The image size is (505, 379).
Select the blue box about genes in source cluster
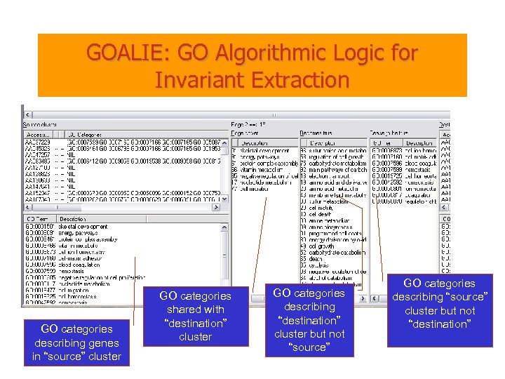[x=76, y=343]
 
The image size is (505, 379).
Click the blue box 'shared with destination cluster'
[x=195, y=317]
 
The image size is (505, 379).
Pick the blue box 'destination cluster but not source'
[x=309, y=320]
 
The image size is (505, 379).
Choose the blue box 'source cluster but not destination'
[x=440, y=304]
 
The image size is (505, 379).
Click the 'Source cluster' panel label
[x=40, y=124]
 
